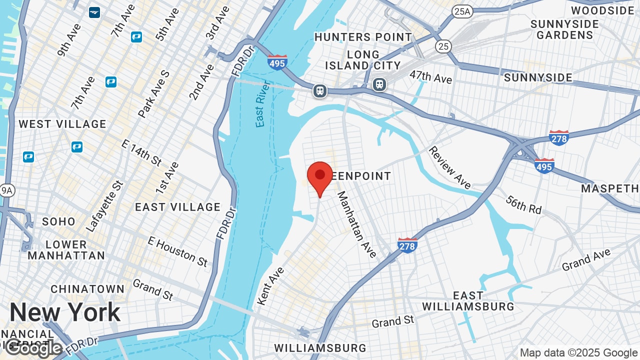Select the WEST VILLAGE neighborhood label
point(62,124)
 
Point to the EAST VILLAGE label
point(178,207)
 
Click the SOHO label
point(59,221)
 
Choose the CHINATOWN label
point(87,289)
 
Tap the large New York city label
point(65,312)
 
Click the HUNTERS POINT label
point(363,37)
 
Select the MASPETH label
point(610,188)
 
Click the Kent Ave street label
point(270,286)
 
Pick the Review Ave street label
point(449,167)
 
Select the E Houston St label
point(177,251)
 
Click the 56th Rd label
point(523,204)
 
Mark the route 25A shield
point(462,11)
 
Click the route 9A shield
point(7,190)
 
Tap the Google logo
point(34,348)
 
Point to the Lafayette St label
point(104,206)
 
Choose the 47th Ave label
point(430,76)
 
